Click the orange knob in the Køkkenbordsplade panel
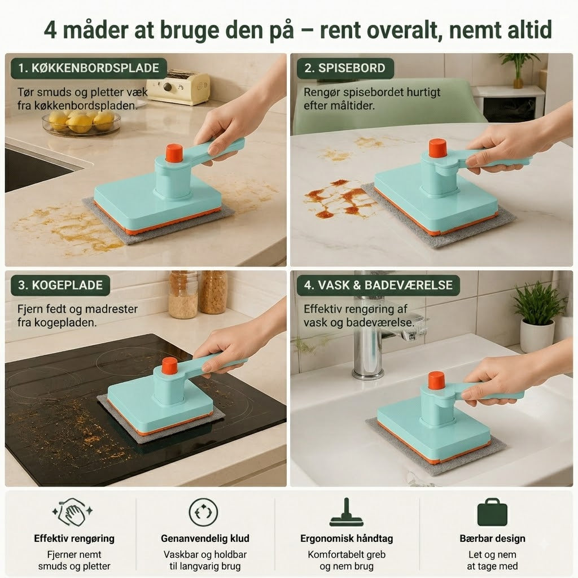coord(174,153)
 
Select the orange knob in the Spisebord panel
coord(437,147)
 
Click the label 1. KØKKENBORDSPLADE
coord(89,68)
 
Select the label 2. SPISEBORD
coord(345,68)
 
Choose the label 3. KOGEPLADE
coord(60,285)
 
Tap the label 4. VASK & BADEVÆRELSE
coord(378,285)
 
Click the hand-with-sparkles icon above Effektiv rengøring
coord(73,511)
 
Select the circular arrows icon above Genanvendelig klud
coord(203,513)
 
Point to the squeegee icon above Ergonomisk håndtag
coord(347,513)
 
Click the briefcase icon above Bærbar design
coord(492,513)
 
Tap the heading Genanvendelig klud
coord(205,538)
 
